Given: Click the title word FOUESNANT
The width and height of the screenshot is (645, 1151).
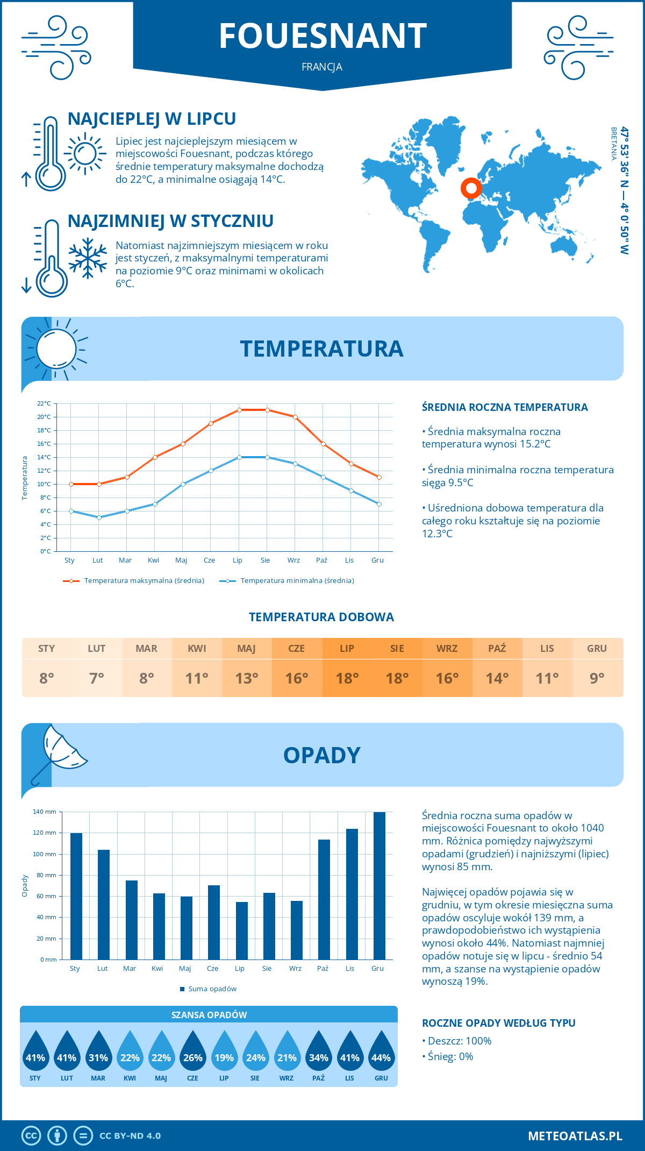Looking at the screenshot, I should [x=322, y=36].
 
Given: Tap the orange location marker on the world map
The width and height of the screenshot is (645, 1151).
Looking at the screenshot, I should [x=471, y=188].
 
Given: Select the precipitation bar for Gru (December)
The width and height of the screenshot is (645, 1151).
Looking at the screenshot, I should [x=379, y=885].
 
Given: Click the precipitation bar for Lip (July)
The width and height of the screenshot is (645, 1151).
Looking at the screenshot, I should [x=242, y=930].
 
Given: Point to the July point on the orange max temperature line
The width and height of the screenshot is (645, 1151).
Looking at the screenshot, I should [x=239, y=410].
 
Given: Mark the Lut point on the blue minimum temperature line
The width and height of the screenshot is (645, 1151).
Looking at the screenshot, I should [x=99, y=517].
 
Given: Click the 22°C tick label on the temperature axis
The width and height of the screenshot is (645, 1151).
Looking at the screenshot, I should [x=44, y=403].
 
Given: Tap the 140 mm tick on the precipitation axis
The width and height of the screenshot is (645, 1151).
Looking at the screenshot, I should [x=45, y=812].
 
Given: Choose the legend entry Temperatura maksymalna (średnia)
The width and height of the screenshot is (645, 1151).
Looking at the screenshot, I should [x=134, y=581].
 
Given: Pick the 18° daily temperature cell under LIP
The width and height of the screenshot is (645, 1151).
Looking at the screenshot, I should [x=347, y=678].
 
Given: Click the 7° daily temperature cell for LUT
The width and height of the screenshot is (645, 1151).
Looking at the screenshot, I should [x=97, y=678].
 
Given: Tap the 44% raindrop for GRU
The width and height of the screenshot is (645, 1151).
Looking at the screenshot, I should [x=381, y=1053].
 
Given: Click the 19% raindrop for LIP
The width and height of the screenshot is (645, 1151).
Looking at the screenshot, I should [x=224, y=1053].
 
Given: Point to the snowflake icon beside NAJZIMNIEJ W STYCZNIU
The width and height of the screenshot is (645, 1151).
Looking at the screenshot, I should [x=88, y=258].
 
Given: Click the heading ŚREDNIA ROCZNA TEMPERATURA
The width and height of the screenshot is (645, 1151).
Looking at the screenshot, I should [x=505, y=407].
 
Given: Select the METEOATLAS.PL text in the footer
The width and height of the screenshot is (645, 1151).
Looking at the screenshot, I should [x=575, y=1136].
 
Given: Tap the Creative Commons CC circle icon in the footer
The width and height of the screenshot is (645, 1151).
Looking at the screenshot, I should [x=31, y=1136].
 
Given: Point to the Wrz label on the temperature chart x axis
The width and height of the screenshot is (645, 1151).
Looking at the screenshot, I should [x=293, y=560].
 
